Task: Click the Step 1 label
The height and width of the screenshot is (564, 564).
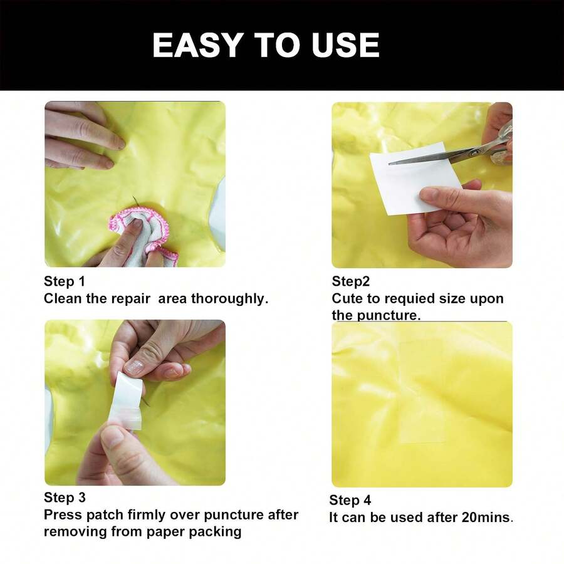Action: coord(64,281)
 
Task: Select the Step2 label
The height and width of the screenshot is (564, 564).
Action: coord(350,281)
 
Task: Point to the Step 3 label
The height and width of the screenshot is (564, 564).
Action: coord(64,498)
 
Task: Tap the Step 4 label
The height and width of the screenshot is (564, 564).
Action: coord(350,500)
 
